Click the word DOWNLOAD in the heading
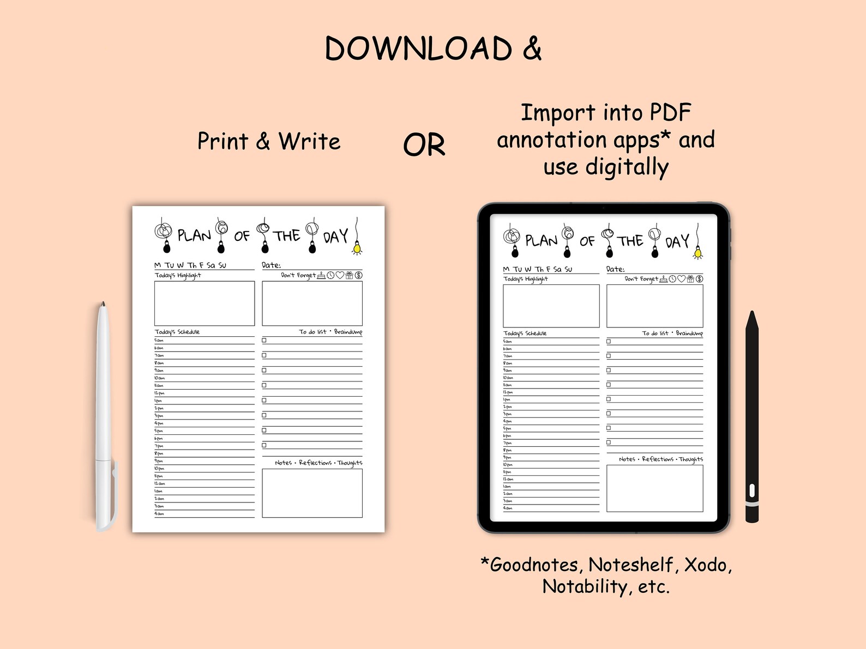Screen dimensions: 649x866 [x=418, y=48]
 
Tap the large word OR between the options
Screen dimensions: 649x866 [x=424, y=145]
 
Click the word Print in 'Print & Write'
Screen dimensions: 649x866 [x=222, y=141]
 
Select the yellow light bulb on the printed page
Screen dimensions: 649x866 [x=357, y=248]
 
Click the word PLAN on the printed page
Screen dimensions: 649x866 [x=194, y=236]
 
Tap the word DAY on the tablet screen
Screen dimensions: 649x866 [x=677, y=241]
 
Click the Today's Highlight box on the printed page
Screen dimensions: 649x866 [x=205, y=304]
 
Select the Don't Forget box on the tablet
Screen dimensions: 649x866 [x=654, y=306]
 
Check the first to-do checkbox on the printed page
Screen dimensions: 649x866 [x=264, y=340]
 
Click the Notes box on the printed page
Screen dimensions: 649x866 [x=312, y=493]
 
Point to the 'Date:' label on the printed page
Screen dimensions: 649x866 [x=271, y=265]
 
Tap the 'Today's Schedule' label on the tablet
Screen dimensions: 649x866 [x=525, y=333]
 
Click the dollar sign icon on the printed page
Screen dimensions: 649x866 [x=358, y=275]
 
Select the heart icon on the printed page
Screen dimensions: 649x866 [x=340, y=275]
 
